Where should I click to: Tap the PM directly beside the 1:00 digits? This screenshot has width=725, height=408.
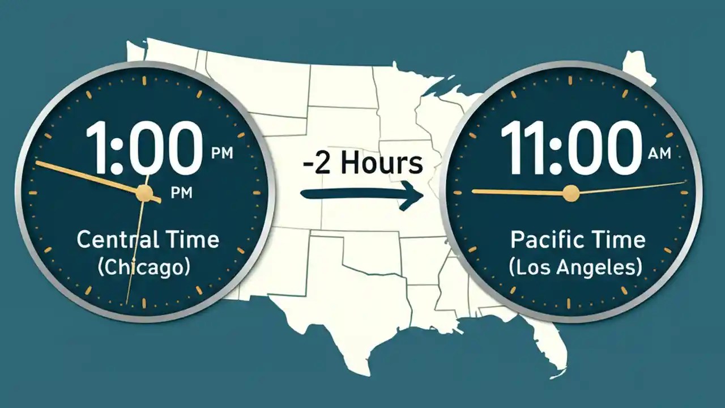tap(221, 153)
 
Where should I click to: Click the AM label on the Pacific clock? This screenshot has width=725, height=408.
tap(657, 153)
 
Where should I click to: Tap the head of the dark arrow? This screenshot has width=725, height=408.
tap(413, 196)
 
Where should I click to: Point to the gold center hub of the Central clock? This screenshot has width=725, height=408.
tap(144, 193)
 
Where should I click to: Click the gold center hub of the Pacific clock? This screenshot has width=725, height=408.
tap(571, 194)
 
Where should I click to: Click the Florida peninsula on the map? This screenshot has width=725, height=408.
tap(552, 346)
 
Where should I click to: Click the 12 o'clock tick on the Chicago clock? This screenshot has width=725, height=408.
tap(146, 80)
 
